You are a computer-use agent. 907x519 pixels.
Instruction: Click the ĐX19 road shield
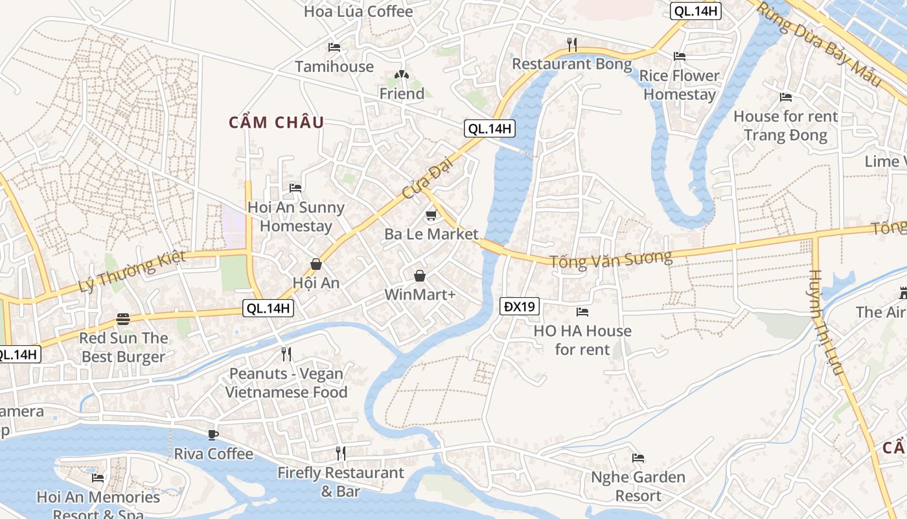coord(520,306)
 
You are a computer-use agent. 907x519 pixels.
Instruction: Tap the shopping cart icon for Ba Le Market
coord(431,215)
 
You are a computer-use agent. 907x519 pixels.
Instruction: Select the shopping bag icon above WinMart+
coord(420,276)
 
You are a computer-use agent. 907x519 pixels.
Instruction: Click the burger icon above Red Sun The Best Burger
coord(123,319)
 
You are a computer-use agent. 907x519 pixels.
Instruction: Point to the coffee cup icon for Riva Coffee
coord(212,435)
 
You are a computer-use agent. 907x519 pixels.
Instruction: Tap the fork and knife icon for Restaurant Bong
coord(571,44)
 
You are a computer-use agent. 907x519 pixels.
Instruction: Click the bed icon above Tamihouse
coord(334,47)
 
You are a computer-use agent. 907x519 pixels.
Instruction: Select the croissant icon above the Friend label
coord(402,75)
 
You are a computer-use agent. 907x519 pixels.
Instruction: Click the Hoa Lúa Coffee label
coord(358,12)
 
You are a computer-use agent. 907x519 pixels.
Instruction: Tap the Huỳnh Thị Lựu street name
coord(825,322)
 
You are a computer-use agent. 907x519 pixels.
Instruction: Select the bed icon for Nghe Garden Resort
coord(638,458)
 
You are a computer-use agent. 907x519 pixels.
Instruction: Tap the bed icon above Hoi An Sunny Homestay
coord(295,188)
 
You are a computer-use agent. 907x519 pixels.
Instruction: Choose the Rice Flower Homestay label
coord(680,85)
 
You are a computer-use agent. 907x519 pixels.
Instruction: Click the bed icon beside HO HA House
coord(582,312)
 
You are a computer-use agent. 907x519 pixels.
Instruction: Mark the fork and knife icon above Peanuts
coord(286,354)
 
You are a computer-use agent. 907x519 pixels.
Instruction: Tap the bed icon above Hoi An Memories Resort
coord(98,478)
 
